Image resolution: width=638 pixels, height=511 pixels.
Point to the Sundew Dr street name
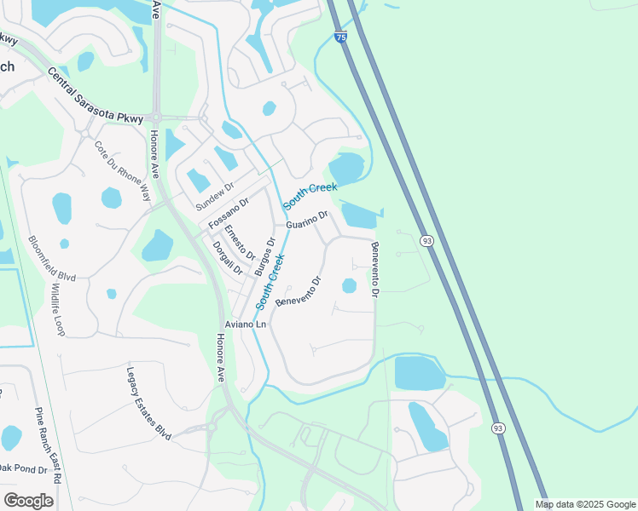214,197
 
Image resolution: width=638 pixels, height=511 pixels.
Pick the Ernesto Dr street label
240,242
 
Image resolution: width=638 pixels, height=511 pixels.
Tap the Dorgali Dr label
228,258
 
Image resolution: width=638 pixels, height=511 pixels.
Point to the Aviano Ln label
246,324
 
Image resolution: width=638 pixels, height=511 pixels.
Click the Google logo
28,500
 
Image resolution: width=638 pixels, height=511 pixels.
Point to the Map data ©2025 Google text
585,504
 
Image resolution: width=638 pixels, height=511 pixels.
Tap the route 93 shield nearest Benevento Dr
426,242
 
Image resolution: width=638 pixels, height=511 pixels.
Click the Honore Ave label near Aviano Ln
219,357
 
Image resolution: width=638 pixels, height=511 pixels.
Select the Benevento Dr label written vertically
374,269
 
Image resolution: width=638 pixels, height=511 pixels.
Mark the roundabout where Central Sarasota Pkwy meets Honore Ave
156,118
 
